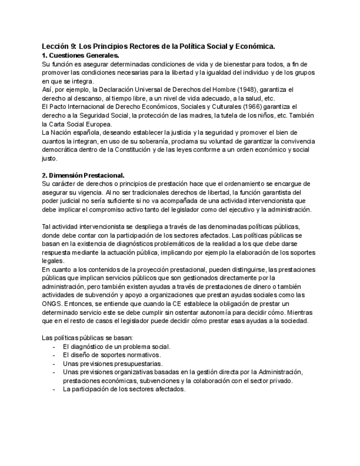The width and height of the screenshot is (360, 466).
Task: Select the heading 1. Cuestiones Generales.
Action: point(80,56)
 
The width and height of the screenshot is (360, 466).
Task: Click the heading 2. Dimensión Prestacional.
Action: point(83,175)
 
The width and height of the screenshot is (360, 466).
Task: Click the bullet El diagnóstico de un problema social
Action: point(117,346)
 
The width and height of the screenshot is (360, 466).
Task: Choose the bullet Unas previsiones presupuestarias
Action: point(112,363)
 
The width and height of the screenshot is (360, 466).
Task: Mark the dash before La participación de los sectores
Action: point(53,389)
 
